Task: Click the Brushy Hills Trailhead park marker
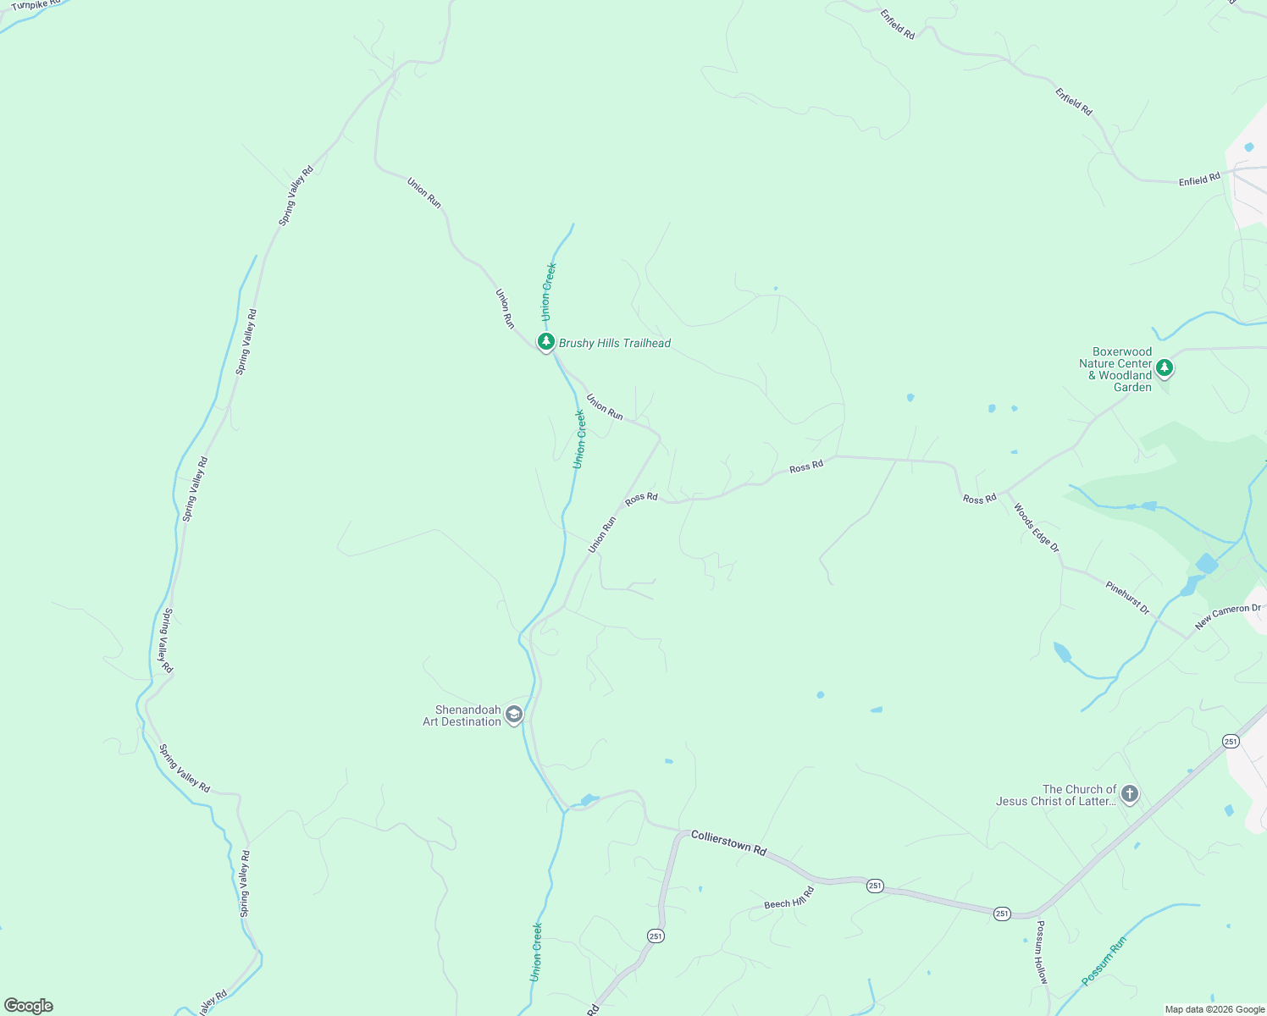click(x=546, y=342)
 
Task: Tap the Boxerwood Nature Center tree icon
click(x=1165, y=368)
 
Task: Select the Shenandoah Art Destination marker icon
click(x=513, y=715)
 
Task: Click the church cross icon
click(x=1129, y=794)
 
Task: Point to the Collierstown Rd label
click(x=728, y=842)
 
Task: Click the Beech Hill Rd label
click(x=788, y=898)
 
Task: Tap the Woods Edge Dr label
click(x=1037, y=528)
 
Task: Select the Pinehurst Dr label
click(x=1127, y=598)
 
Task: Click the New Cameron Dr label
click(x=1228, y=616)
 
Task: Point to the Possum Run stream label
click(x=1104, y=960)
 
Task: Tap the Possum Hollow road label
click(x=1042, y=952)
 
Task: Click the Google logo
click(x=28, y=1006)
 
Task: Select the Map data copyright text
click(x=1214, y=1009)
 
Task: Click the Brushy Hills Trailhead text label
click(x=615, y=343)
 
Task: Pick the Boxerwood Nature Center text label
click(x=1116, y=369)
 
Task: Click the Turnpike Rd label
click(x=36, y=4)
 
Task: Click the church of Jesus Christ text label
click(x=1056, y=795)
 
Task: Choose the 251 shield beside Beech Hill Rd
click(x=875, y=886)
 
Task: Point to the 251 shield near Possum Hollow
click(x=1002, y=914)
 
